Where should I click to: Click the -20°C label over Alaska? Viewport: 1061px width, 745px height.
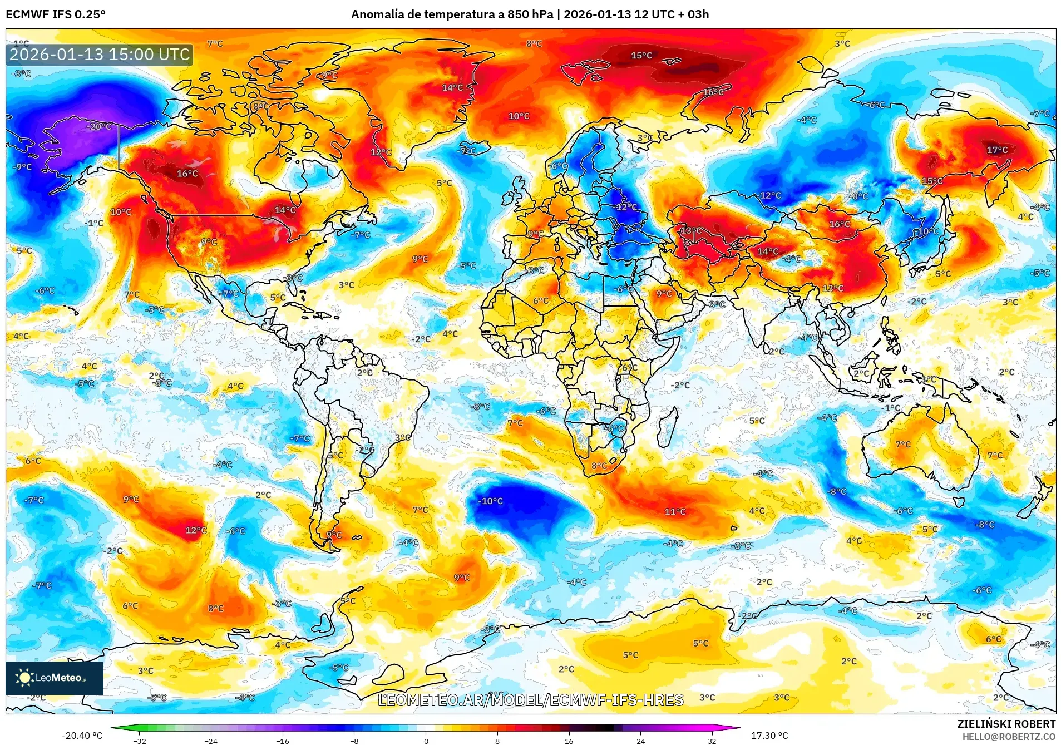[99, 127]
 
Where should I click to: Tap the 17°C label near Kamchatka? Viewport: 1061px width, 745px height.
[997, 150]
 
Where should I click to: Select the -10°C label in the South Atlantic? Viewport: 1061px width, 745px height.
[490, 501]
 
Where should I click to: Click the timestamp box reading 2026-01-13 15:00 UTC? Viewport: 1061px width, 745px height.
[100, 55]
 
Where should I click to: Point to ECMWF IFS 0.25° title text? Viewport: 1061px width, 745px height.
[55, 14]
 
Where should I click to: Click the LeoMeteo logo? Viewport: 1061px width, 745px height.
[54, 678]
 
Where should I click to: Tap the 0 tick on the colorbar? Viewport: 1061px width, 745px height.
[426, 741]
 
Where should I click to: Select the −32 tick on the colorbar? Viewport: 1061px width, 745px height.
[140, 741]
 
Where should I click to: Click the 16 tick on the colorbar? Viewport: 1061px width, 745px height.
[569, 741]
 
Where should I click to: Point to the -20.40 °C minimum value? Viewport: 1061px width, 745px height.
[82, 736]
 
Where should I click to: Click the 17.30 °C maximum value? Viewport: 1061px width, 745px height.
[769, 736]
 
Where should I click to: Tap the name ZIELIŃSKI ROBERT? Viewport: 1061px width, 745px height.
[1006, 724]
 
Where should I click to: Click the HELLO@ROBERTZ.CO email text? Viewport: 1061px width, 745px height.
[1009, 737]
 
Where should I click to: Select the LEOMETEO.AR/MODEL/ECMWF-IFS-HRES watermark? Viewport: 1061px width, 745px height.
[530, 700]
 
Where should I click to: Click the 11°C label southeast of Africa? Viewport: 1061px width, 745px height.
[675, 512]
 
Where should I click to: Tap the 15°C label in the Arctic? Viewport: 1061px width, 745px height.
[641, 56]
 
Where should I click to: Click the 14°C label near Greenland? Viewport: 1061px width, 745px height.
[452, 88]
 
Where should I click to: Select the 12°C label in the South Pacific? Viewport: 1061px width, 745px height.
[196, 530]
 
